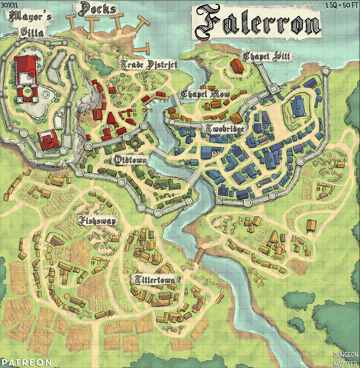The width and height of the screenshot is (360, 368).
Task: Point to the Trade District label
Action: click(x=149, y=65)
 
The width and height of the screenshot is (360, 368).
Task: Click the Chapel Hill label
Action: click(x=266, y=56)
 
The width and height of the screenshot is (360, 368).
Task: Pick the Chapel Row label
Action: click(x=205, y=94)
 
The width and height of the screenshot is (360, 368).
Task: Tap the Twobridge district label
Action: click(x=225, y=129)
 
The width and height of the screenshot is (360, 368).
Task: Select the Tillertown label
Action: click(x=154, y=280)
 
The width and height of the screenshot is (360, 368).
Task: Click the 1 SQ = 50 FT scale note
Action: click(x=342, y=5)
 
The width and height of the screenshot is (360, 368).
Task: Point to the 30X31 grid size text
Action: click(x=10, y=5)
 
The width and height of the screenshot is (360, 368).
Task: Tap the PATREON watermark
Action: click(x=26, y=362)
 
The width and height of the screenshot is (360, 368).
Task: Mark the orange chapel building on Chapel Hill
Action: click(x=236, y=66)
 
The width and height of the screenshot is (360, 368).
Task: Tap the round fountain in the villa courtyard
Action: click(x=45, y=95)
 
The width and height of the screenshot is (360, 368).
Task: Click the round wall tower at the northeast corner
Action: click(x=326, y=71)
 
